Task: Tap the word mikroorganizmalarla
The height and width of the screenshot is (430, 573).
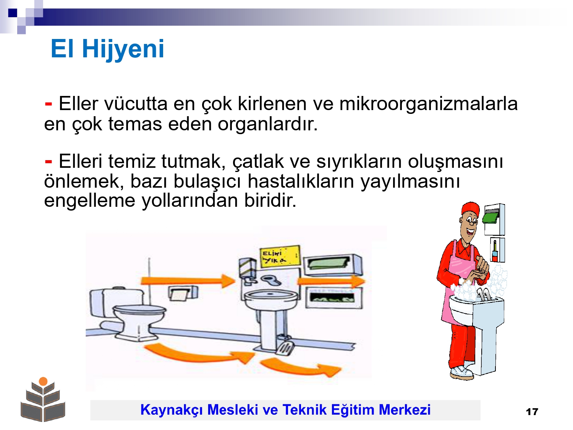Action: click(x=428, y=104)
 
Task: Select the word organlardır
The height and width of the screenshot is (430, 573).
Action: click(x=267, y=124)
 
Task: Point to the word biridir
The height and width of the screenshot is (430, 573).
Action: click(x=270, y=201)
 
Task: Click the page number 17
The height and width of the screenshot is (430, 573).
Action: click(x=532, y=412)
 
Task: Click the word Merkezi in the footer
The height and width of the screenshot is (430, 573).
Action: click(x=405, y=409)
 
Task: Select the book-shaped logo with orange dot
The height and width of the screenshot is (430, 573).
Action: click(x=43, y=400)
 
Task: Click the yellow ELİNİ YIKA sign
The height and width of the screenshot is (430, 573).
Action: click(x=280, y=256)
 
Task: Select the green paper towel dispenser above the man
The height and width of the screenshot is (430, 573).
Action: click(x=491, y=217)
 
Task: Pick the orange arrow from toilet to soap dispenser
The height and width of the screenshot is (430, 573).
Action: click(x=188, y=281)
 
